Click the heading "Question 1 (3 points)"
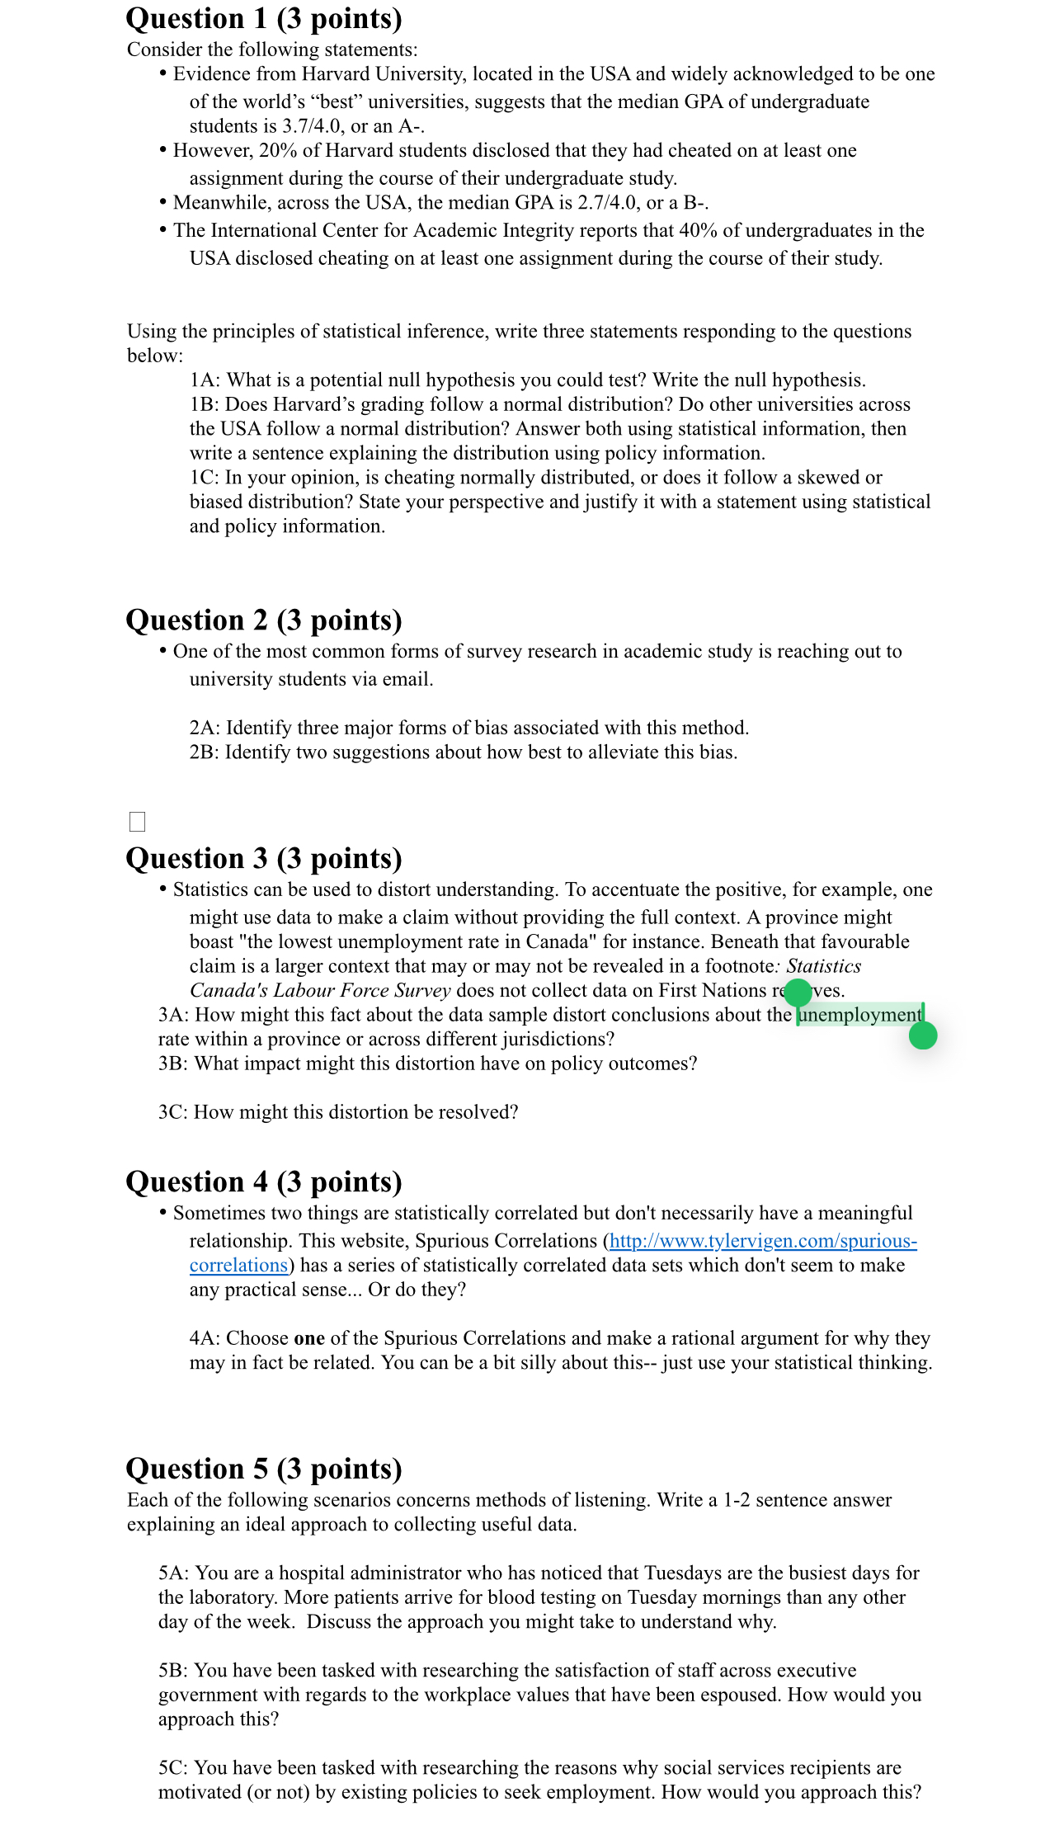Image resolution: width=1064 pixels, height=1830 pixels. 263,19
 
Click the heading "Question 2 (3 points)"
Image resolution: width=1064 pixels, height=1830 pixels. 263,620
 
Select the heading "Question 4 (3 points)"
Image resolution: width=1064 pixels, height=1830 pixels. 263,1182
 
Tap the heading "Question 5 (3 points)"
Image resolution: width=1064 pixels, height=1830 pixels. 263,1469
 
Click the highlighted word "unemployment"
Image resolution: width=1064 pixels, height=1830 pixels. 860,1015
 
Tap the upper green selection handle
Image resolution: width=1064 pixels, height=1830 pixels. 798,993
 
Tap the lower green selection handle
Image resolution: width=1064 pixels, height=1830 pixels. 923,1035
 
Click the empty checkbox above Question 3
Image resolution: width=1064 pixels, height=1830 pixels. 138,822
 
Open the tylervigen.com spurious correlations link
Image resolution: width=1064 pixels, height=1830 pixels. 762,1241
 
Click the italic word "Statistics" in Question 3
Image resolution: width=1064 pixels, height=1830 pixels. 823,966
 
